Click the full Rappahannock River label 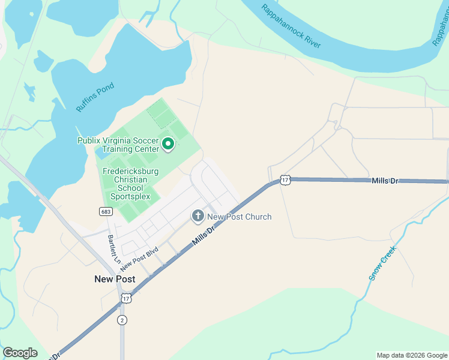(291, 27)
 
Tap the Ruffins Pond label (95, 97)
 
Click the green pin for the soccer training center (168, 144)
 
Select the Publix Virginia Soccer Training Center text (118, 145)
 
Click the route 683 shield (104, 211)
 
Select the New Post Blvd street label (139, 258)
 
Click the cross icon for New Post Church (197, 216)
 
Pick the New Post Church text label (239, 217)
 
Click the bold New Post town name (115, 279)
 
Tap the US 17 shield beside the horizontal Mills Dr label (285, 179)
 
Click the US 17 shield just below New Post (125, 298)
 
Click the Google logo (20, 353)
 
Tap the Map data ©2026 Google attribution (412, 355)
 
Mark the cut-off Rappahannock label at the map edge (440, 30)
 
